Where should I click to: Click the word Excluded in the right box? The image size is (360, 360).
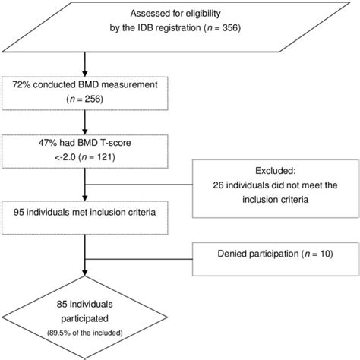tap(267, 172)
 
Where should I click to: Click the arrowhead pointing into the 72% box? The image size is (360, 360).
tap(86, 73)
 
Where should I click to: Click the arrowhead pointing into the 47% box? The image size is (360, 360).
tap(86, 131)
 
